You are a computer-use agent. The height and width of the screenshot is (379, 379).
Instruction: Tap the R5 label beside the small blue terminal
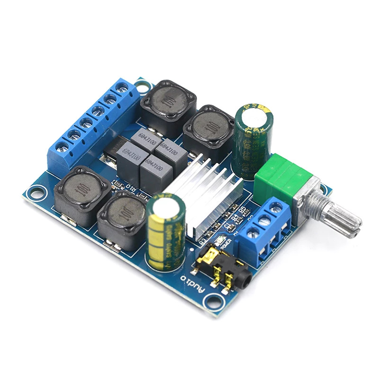click(x=243, y=210)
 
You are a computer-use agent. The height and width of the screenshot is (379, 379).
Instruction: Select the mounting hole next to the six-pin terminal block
click(x=140, y=86)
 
